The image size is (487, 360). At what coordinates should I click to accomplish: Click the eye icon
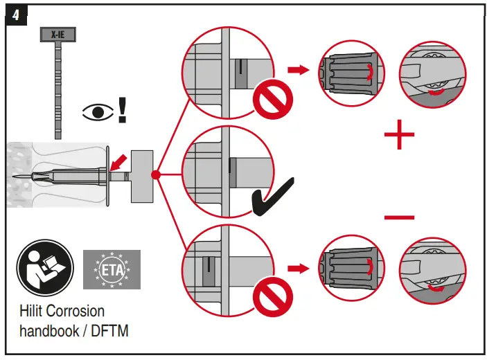[x=96, y=112]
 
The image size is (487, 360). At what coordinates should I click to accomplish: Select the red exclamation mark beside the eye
[x=122, y=110]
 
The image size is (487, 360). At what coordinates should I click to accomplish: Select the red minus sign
[x=399, y=218]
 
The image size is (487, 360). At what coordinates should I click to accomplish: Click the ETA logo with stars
[x=112, y=269]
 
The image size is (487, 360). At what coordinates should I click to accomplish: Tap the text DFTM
[x=109, y=331]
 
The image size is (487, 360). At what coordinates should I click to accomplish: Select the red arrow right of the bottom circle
[x=297, y=267]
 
